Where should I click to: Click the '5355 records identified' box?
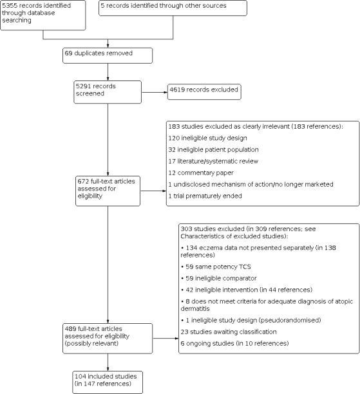pos(43,15)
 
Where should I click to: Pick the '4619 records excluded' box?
pos(203,91)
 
